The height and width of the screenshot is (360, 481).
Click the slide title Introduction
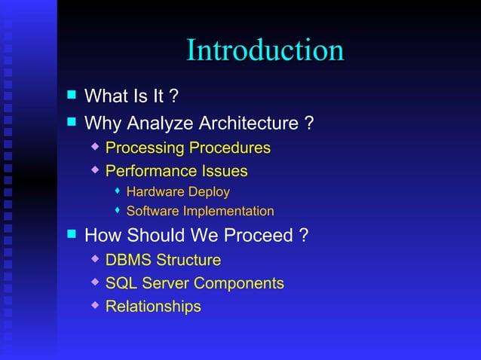pos(265,50)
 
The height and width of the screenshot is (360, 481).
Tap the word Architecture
pos(248,123)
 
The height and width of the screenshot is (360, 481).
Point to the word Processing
pos(144,148)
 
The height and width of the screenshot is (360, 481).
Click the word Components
pos(239,284)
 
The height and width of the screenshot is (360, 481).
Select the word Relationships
pos(153,307)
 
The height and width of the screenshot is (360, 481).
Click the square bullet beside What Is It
pos(72,95)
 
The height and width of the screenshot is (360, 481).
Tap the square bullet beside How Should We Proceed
pos(72,234)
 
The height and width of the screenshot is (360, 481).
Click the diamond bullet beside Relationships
pos(95,305)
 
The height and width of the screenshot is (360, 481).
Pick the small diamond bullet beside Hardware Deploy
pos(118,191)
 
